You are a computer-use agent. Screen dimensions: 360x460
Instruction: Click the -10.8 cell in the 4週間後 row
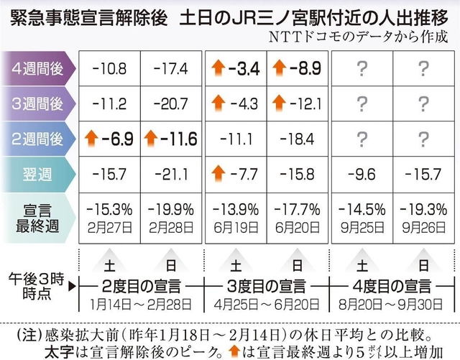coord(109,70)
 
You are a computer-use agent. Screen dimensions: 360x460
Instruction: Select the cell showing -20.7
coord(171,103)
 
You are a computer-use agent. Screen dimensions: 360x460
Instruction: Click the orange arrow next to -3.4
coord(217,70)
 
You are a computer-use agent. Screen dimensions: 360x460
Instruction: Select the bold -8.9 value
coord(298,70)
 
